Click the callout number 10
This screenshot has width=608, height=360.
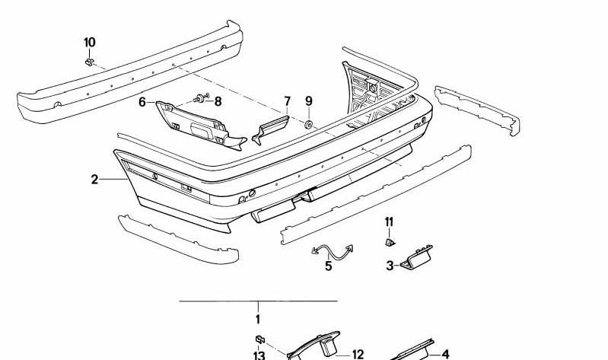(x=90, y=41)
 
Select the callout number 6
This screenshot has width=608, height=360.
(x=142, y=101)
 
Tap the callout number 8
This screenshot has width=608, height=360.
(x=218, y=100)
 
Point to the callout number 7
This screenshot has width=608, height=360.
(x=288, y=100)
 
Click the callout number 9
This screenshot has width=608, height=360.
(x=309, y=100)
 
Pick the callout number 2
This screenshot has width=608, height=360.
(x=94, y=180)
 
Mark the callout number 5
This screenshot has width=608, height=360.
(x=329, y=266)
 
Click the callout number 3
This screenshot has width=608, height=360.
(x=390, y=266)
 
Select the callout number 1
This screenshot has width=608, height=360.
(x=258, y=320)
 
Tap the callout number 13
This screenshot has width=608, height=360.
(x=258, y=355)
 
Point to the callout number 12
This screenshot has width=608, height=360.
(x=358, y=354)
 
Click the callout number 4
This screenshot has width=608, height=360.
(x=446, y=354)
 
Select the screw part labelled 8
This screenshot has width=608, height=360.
(x=201, y=98)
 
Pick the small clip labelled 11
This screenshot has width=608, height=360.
(x=389, y=242)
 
